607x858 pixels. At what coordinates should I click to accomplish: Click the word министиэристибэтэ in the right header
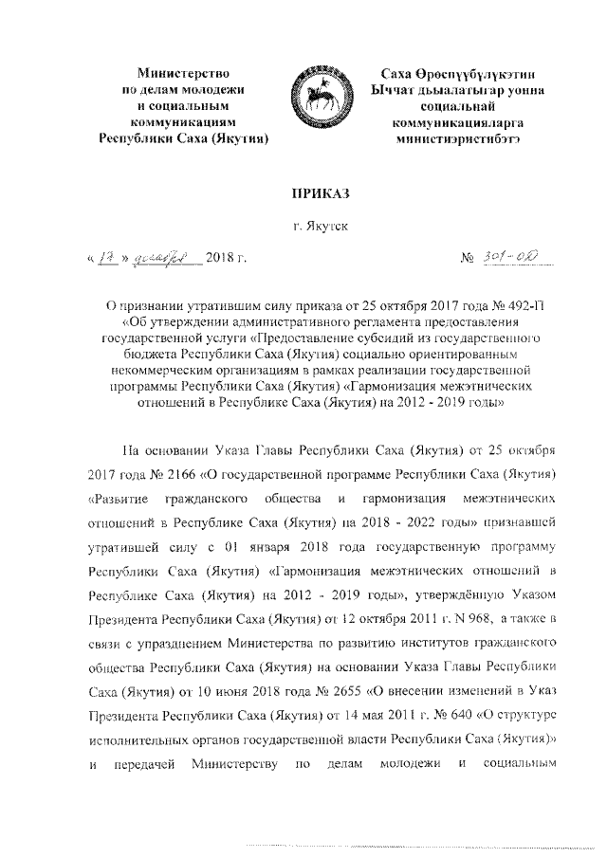444,137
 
